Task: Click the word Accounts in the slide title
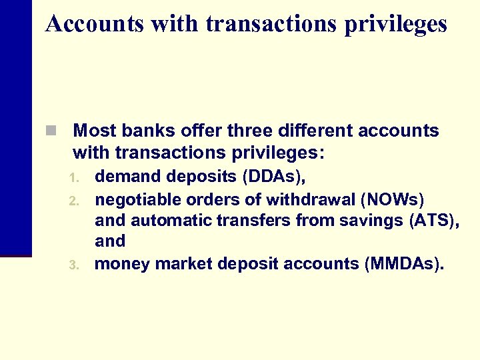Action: coord(94,24)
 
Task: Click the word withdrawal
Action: coord(307,199)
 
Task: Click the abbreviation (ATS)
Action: coord(433,220)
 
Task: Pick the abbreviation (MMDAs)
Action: coord(404,263)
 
